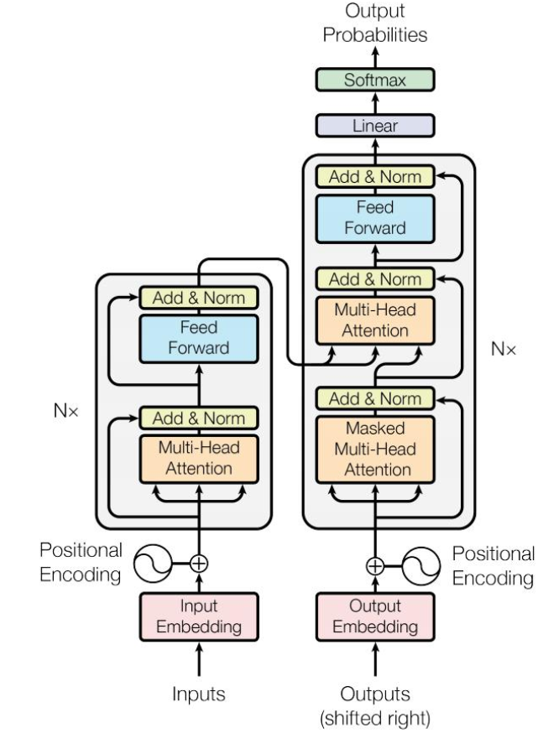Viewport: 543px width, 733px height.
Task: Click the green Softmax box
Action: click(375, 81)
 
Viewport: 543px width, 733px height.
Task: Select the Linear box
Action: click(375, 126)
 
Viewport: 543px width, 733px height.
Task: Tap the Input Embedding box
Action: click(199, 616)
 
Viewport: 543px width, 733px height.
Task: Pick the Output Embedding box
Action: click(375, 616)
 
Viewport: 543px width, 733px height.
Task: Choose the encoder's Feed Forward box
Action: click(199, 337)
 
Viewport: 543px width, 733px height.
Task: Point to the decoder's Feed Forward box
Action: click(375, 216)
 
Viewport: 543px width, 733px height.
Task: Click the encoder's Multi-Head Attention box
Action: click(199, 458)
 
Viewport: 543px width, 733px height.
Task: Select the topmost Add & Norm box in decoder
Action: click(375, 177)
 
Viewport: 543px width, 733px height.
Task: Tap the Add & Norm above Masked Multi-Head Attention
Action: click(375, 398)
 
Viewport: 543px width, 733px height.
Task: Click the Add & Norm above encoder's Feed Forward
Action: click(199, 298)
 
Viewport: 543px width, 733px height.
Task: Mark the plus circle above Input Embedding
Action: click(199, 564)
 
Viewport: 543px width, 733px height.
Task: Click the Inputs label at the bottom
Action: click(199, 694)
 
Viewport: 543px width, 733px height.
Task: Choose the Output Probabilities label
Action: click(375, 25)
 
